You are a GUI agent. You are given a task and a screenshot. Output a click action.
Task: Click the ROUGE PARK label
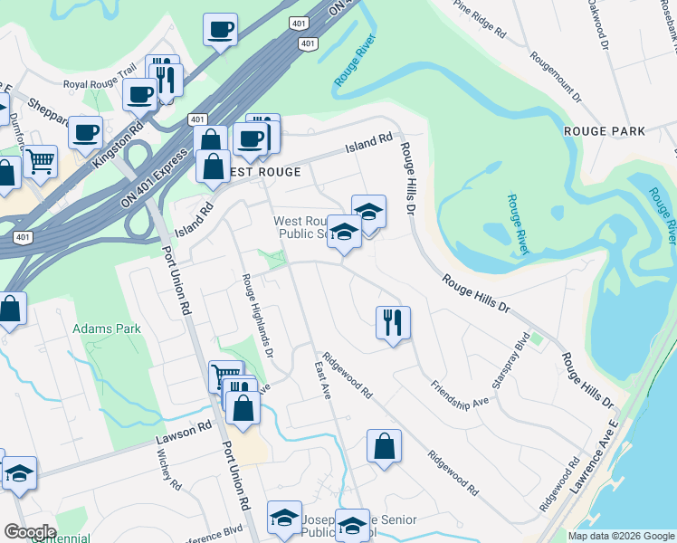[x=605, y=131]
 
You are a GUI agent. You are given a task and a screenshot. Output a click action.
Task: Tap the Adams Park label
[x=107, y=329]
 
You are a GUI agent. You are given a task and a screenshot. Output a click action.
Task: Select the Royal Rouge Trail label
[x=99, y=85]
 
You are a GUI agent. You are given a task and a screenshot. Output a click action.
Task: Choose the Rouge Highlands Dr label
[x=258, y=316]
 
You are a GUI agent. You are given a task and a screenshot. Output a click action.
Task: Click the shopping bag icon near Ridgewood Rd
[x=384, y=446]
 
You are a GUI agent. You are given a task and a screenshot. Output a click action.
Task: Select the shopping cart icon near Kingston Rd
[x=40, y=163]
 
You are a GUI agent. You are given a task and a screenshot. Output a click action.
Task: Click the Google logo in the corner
[x=29, y=532]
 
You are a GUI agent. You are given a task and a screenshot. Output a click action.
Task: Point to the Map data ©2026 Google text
[x=621, y=536]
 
